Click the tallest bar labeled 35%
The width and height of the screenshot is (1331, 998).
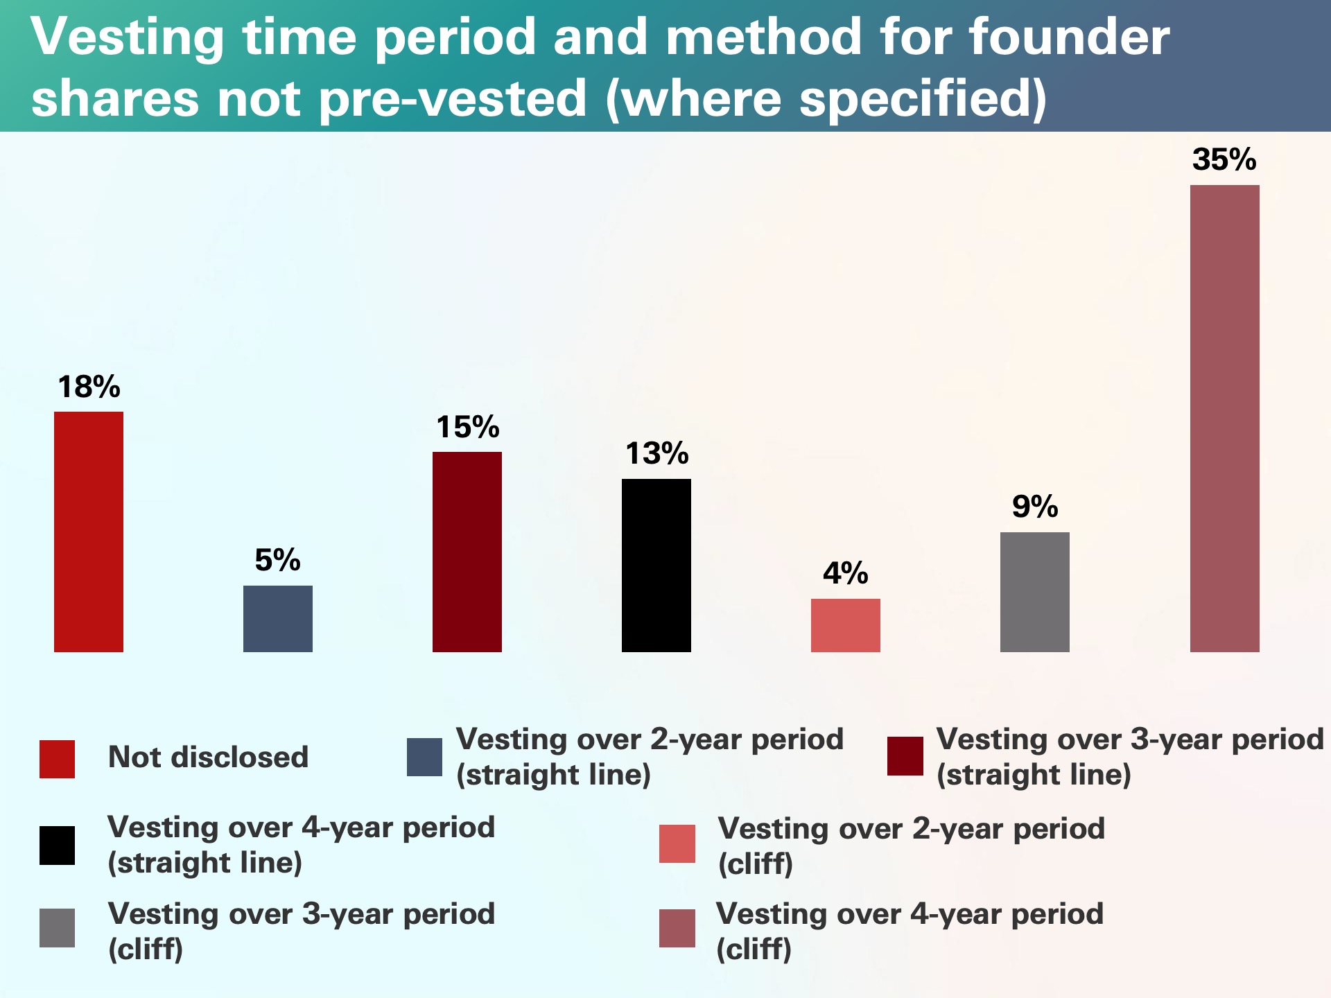pyautogui.click(x=1224, y=418)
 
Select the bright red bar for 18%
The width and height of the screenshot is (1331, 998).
pyautogui.click(x=89, y=532)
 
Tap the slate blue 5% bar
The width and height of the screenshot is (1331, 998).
pyautogui.click(x=277, y=618)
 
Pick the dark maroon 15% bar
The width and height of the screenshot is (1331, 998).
pyautogui.click(x=467, y=552)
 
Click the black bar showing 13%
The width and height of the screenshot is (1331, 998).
pyautogui.click(x=656, y=565)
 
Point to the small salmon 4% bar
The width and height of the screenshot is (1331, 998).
pyautogui.click(x=845, y=625)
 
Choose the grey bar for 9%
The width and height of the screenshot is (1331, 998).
pyautogui.click(x=1034, y=592)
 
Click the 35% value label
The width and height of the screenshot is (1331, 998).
pyautogui.click(x=1224, y=159)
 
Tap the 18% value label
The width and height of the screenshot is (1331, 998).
pyautogui.click(x=89, y=387)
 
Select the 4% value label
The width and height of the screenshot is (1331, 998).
pyautogui.click(x=845, y=573)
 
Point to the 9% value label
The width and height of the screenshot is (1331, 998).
pyautogui.click(x=1034, y=507)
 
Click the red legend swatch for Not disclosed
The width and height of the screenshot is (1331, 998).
pyautogui.click(x=57, y=759)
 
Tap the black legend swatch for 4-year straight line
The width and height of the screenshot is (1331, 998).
pyautogui.click(x=57, y=845)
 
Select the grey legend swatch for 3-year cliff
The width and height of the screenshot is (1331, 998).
pyautogui.click(x=57, y=927)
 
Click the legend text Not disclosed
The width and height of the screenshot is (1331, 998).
pyautogui.click(x=208, y=757)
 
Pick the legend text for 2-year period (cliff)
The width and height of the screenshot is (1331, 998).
pyautogui.click(x=910, y=846)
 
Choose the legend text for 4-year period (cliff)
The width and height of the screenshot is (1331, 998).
pyautogui.click(x=909, y=931)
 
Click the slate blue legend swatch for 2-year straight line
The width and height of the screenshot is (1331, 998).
pyautogui.click(x=424, y=757)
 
